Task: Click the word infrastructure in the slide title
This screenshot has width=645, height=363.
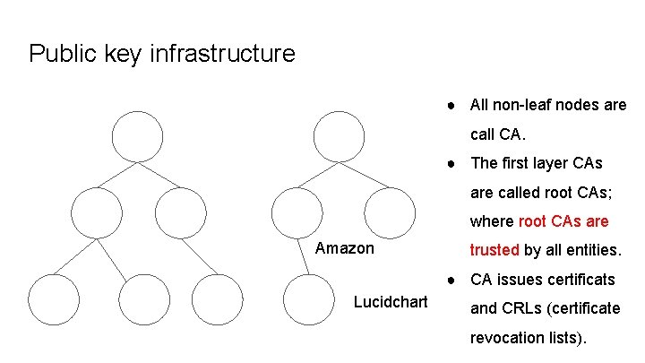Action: pyautogui.click(x=224, y=54)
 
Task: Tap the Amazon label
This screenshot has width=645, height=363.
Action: pyautogui.click(x=345, y=247)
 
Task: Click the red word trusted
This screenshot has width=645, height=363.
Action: pyautogui.click(x=495, y=250)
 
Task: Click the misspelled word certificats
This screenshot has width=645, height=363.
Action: pyautogui.click(x=576, y=280)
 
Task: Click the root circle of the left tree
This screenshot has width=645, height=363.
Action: pyautogui.click(x=137, y=135)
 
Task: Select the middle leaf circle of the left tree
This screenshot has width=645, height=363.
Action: pyautogui.click(x=136, y=298)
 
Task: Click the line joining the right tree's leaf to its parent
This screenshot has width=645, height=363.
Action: pyautogui.click(x=302, y=255)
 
